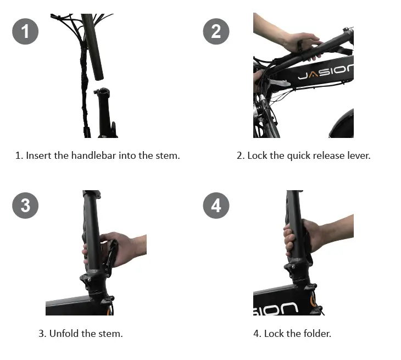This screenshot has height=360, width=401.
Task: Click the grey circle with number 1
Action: click(25, 31)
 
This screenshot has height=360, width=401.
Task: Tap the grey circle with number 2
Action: click(216, 31)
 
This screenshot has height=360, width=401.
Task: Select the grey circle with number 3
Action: click(25, 206)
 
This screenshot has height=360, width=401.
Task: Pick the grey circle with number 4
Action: click(216, 206)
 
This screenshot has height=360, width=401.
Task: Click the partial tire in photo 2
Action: click(343, 124)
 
